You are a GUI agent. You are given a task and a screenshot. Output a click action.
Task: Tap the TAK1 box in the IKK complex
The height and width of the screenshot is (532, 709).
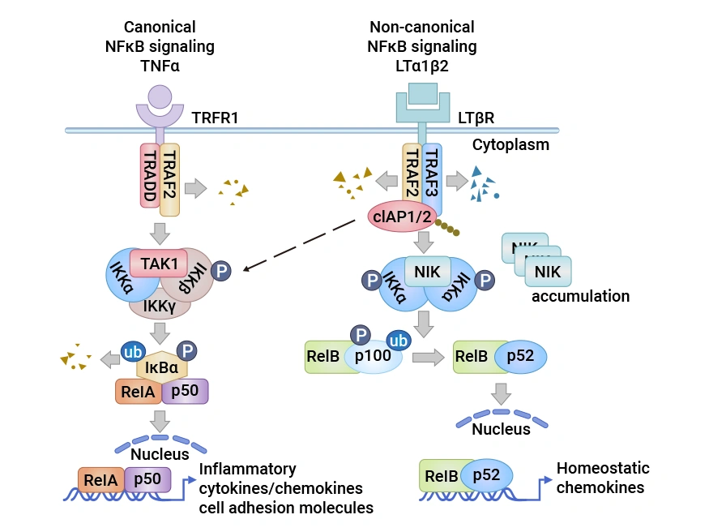(x=158, y=263)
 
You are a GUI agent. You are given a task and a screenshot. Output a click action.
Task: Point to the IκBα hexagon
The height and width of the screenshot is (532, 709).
(x=163, y=367)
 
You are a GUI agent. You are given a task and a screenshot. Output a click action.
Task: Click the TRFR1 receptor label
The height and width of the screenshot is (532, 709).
(x=215, y=118)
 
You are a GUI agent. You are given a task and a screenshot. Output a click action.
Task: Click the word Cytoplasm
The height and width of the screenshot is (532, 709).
(x=510, y=145)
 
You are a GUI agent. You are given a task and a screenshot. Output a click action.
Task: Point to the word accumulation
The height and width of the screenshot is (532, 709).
(x=580, y=296)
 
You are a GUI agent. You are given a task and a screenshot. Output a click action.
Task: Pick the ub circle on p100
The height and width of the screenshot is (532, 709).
(x=397, y=341)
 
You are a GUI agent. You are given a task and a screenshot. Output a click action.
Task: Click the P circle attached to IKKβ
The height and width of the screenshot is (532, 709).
(x=221, y=270)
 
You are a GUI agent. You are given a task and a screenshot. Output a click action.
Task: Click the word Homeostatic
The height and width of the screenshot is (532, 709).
(x=602, y=469)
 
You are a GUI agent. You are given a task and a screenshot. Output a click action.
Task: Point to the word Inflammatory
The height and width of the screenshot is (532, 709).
(x=247, y=469)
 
